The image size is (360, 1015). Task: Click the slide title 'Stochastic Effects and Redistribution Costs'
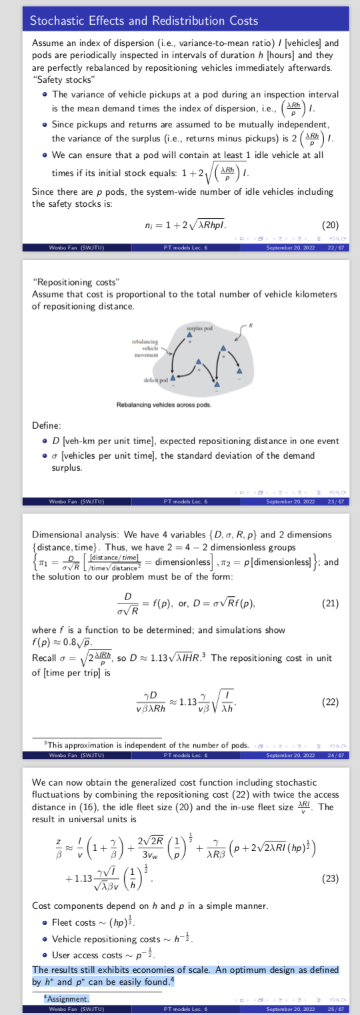click(144, 21)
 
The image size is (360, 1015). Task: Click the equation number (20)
click(330, 225)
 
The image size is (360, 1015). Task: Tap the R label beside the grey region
click(251, 325)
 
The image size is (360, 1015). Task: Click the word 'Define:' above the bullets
click(46, 425)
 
